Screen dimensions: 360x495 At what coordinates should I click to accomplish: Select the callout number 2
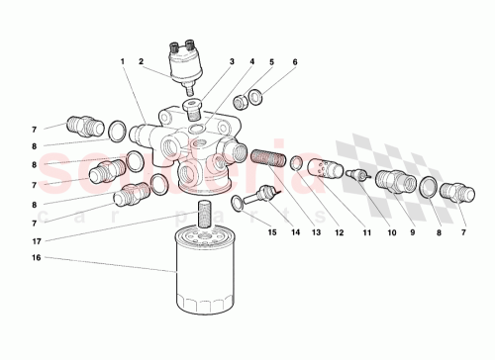[142, 62]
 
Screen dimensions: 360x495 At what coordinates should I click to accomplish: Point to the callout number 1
[123, 62]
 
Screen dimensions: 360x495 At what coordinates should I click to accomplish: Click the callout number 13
[318, 233]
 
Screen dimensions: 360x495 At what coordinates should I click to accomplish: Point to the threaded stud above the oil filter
[202, 212]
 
